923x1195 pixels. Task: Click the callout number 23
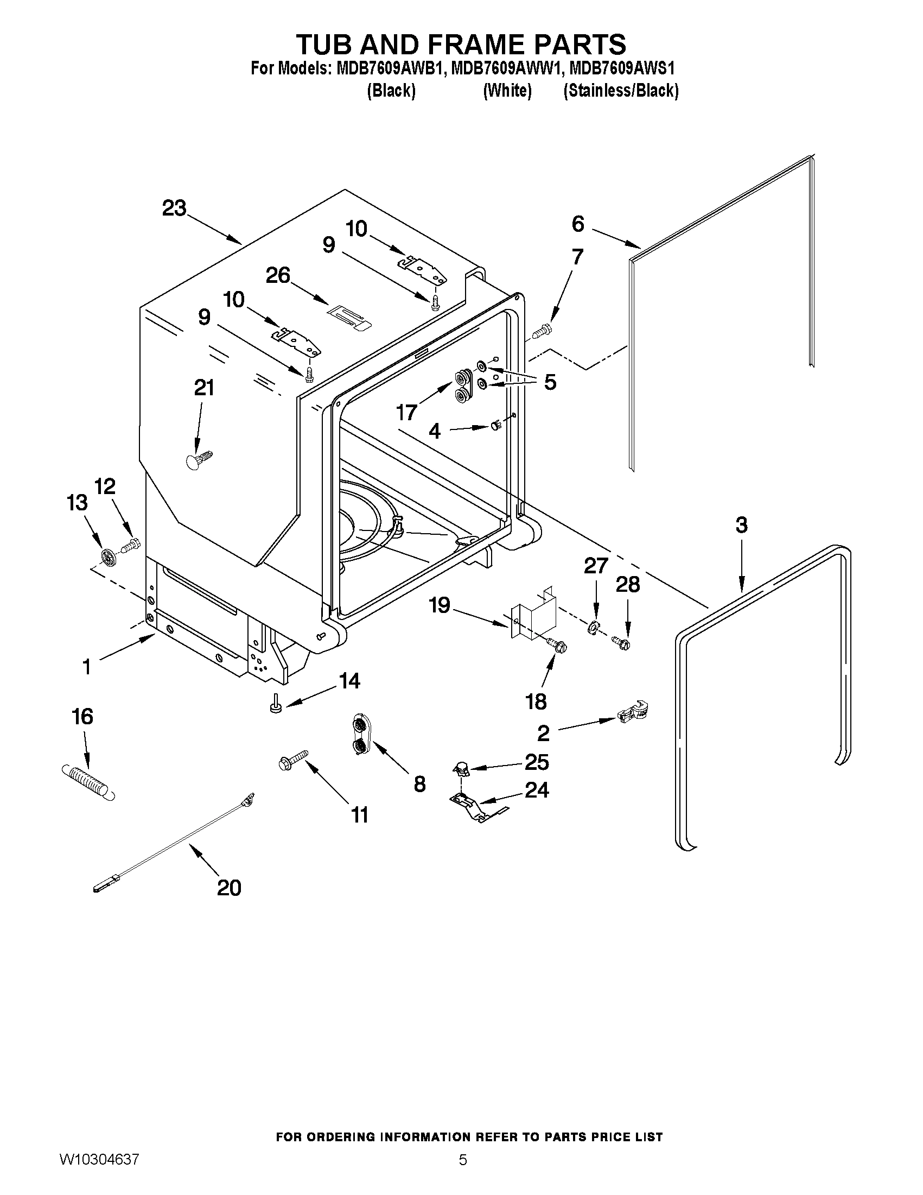click(x=174, y=208)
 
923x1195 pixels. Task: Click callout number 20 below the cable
click(x=228, y=887)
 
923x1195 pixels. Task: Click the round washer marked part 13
click(x=108, y=557)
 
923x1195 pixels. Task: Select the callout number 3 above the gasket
click(x=741, y=524)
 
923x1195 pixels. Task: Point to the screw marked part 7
click(x=542, y=330)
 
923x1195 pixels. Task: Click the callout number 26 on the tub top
click(x=278, y=275)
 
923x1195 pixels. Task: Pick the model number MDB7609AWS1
click(x=621, y=69)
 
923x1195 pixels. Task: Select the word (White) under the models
click(x=507, y=90)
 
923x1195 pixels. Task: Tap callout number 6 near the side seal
click(x=578, y=223)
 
